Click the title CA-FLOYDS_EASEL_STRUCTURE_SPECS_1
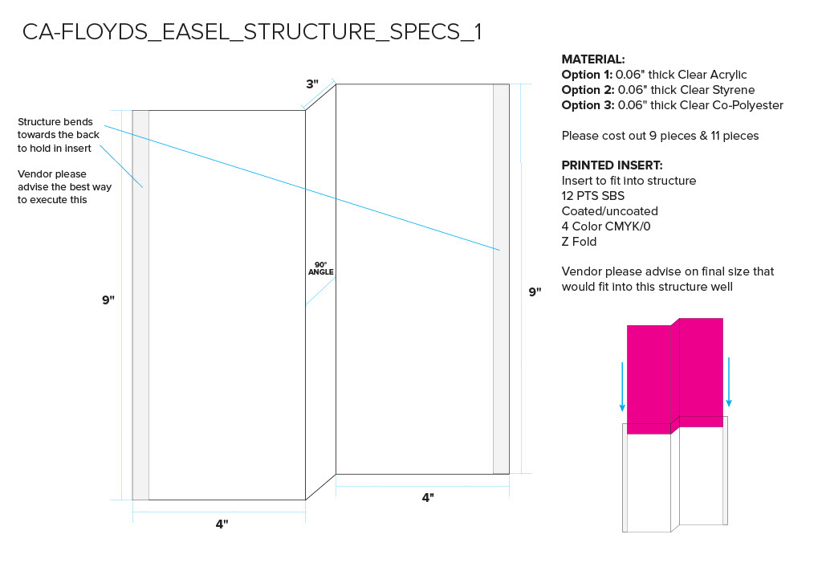point(251,32)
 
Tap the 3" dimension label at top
point(312,84)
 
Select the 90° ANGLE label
point(321,268)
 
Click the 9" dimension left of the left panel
point(108,300)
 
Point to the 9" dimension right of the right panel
point(535,292)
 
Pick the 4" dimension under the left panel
point(222,524)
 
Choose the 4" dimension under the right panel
point(428,497)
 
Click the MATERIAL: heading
point(593,59)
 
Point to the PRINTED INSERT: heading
point(612,165)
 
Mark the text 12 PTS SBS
point(593,196)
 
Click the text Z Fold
point(579,242)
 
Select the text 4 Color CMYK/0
point(606,226)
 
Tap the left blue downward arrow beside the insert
point(622,386)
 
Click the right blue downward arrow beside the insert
point(729,382)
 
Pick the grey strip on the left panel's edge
point(140,305)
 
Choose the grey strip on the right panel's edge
point(501,279)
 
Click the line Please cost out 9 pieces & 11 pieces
point(660,136)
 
